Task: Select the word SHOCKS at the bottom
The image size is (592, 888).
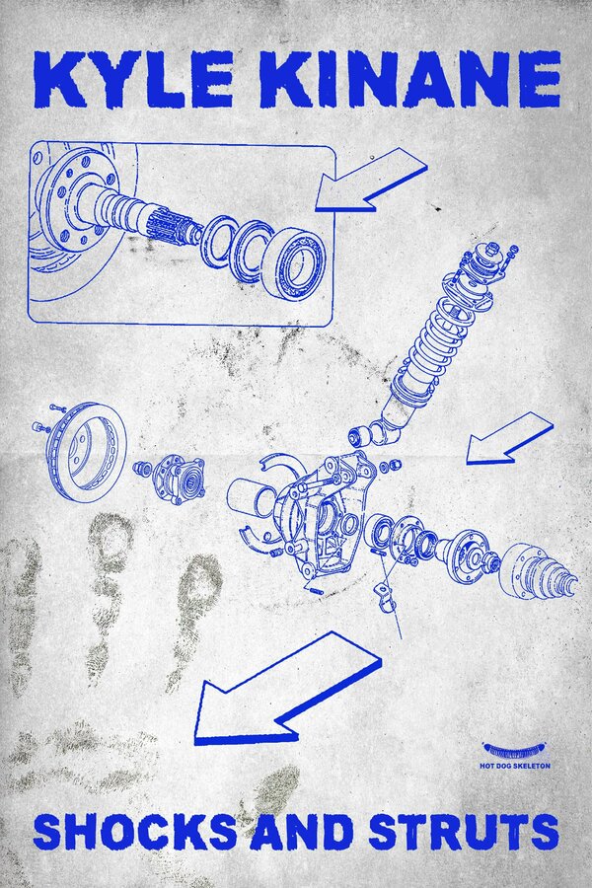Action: point(136,832)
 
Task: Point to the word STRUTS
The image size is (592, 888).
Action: point(464,832)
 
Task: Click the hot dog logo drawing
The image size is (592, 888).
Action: point(514,752)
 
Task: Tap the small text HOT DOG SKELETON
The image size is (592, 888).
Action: point(514,766)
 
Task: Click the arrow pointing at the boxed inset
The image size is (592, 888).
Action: point(371,181)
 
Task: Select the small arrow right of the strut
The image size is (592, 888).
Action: point(510,439)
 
